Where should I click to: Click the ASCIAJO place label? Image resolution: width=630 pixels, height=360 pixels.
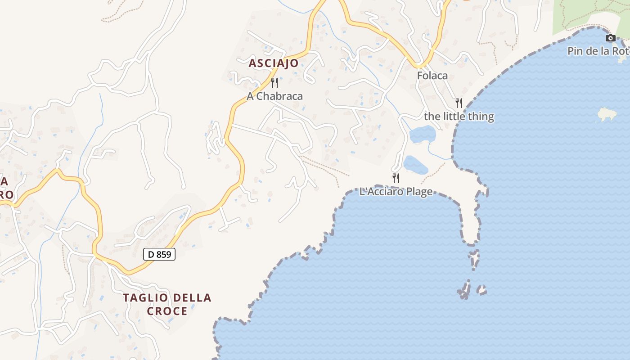coord(274,63)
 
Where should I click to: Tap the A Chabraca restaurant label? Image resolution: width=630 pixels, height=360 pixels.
coord(274,96)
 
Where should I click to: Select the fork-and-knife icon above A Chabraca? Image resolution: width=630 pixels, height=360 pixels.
coord(274,83)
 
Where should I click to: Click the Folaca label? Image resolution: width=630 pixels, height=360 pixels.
coord(432,76)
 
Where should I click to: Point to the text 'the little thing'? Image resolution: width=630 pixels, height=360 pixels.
coord(459,117)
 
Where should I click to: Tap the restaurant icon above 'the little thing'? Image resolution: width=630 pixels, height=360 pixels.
coord(459,103)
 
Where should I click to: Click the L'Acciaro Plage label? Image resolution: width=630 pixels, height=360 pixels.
coord(396,192)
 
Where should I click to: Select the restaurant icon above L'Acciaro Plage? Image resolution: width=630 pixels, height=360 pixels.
coord(396,178)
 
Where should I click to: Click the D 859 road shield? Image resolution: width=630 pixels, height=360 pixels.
coord(159,254)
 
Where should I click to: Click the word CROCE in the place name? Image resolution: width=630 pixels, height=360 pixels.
coord(167,311)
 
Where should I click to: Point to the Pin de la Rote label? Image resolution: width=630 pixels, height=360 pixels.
coord(598,51)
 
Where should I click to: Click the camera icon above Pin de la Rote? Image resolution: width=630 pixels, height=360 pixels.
coord(610,38)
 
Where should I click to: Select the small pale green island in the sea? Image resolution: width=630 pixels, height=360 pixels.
coord(606,114)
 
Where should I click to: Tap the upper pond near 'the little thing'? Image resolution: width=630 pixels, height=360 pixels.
coord(423,134)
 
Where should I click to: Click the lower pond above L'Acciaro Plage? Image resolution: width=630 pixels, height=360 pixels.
coord(415,165)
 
